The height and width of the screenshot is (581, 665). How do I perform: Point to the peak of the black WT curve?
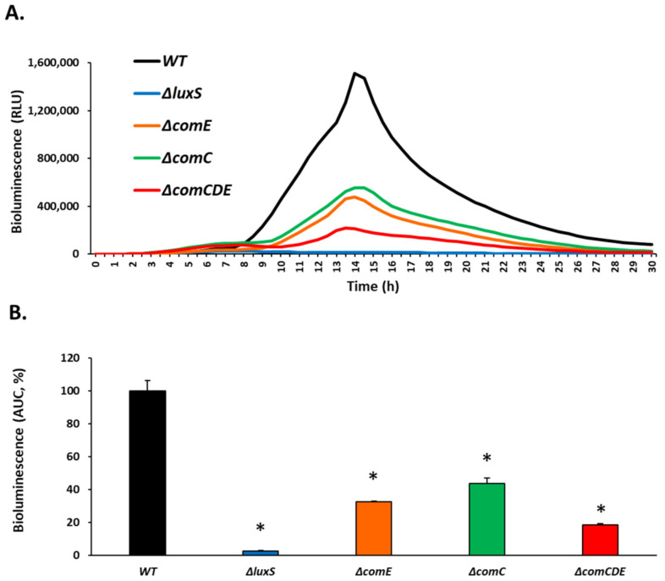354,74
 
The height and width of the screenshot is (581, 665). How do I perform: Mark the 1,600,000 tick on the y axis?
54,64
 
